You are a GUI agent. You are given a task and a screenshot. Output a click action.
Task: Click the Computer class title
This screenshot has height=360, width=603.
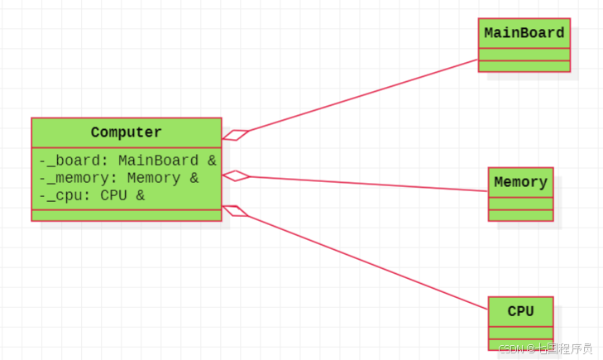[x=127, y=132]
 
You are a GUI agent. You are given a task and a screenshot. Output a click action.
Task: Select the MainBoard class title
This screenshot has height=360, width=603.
[x=524, y=33]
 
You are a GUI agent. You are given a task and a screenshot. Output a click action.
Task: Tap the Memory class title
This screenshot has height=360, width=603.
[x=520, y=182]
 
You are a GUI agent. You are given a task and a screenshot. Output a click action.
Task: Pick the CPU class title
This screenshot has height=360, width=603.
[x=520, y=311]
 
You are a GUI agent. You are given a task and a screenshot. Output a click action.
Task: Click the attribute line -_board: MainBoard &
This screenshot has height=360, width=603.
[x=127, y=161]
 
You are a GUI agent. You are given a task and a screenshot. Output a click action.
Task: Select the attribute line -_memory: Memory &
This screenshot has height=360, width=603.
[x=119, y=178]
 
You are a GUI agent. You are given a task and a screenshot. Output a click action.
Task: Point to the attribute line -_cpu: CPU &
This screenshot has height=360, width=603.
[x=92, y=195]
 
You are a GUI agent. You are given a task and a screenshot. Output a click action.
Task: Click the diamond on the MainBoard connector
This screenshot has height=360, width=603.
[x=235, y=135]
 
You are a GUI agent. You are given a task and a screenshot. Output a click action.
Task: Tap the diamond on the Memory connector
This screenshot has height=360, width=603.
[x=235, y=175]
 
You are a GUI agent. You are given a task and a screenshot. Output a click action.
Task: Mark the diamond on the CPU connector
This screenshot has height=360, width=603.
[x=235, y=210]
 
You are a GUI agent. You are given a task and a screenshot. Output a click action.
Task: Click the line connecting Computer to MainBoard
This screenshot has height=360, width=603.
[x=364, y=95]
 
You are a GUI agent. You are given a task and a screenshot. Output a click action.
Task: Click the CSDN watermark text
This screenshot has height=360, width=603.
[x=545, y=349]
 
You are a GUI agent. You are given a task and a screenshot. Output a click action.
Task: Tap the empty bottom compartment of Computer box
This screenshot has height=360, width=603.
[x=127, y=215]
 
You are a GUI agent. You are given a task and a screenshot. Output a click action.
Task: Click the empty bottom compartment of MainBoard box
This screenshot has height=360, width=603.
[x=524, y=66]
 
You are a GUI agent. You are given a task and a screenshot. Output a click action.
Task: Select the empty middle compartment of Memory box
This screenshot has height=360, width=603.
[x=520, y=204]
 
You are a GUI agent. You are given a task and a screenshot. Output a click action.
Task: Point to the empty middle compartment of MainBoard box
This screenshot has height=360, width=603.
[x=524, y=55]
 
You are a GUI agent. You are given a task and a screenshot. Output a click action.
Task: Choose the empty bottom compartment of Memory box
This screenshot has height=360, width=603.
[x=520, y=215]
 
